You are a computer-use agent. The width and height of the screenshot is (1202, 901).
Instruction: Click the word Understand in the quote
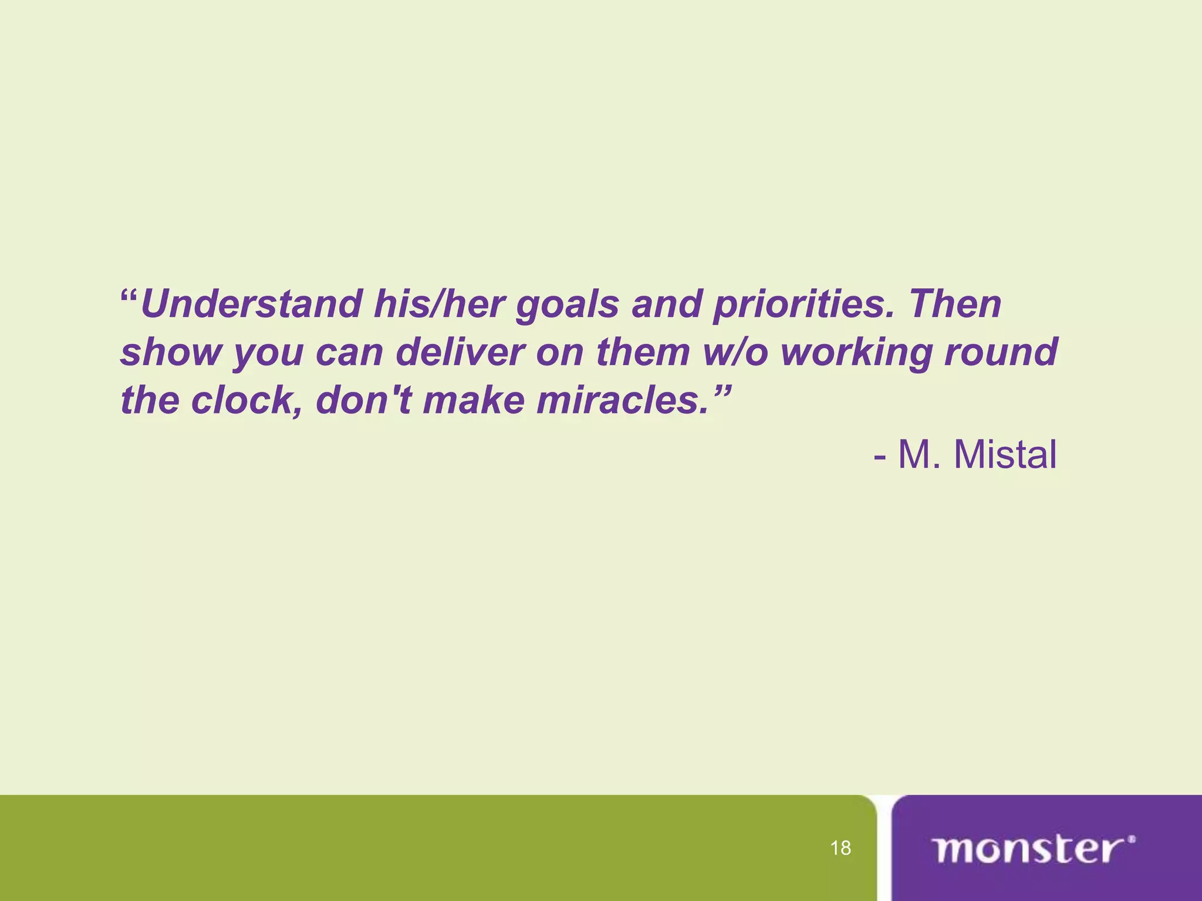pos(251,304)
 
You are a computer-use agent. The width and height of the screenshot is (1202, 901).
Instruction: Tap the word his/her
pos(438,304)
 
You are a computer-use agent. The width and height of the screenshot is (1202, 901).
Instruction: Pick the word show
pos(171,353)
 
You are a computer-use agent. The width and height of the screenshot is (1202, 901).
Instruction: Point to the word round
pos(1001,353)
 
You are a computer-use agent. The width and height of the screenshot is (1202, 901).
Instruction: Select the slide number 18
pos(840,848)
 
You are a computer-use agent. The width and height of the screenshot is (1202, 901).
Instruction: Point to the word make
pos(473,401)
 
